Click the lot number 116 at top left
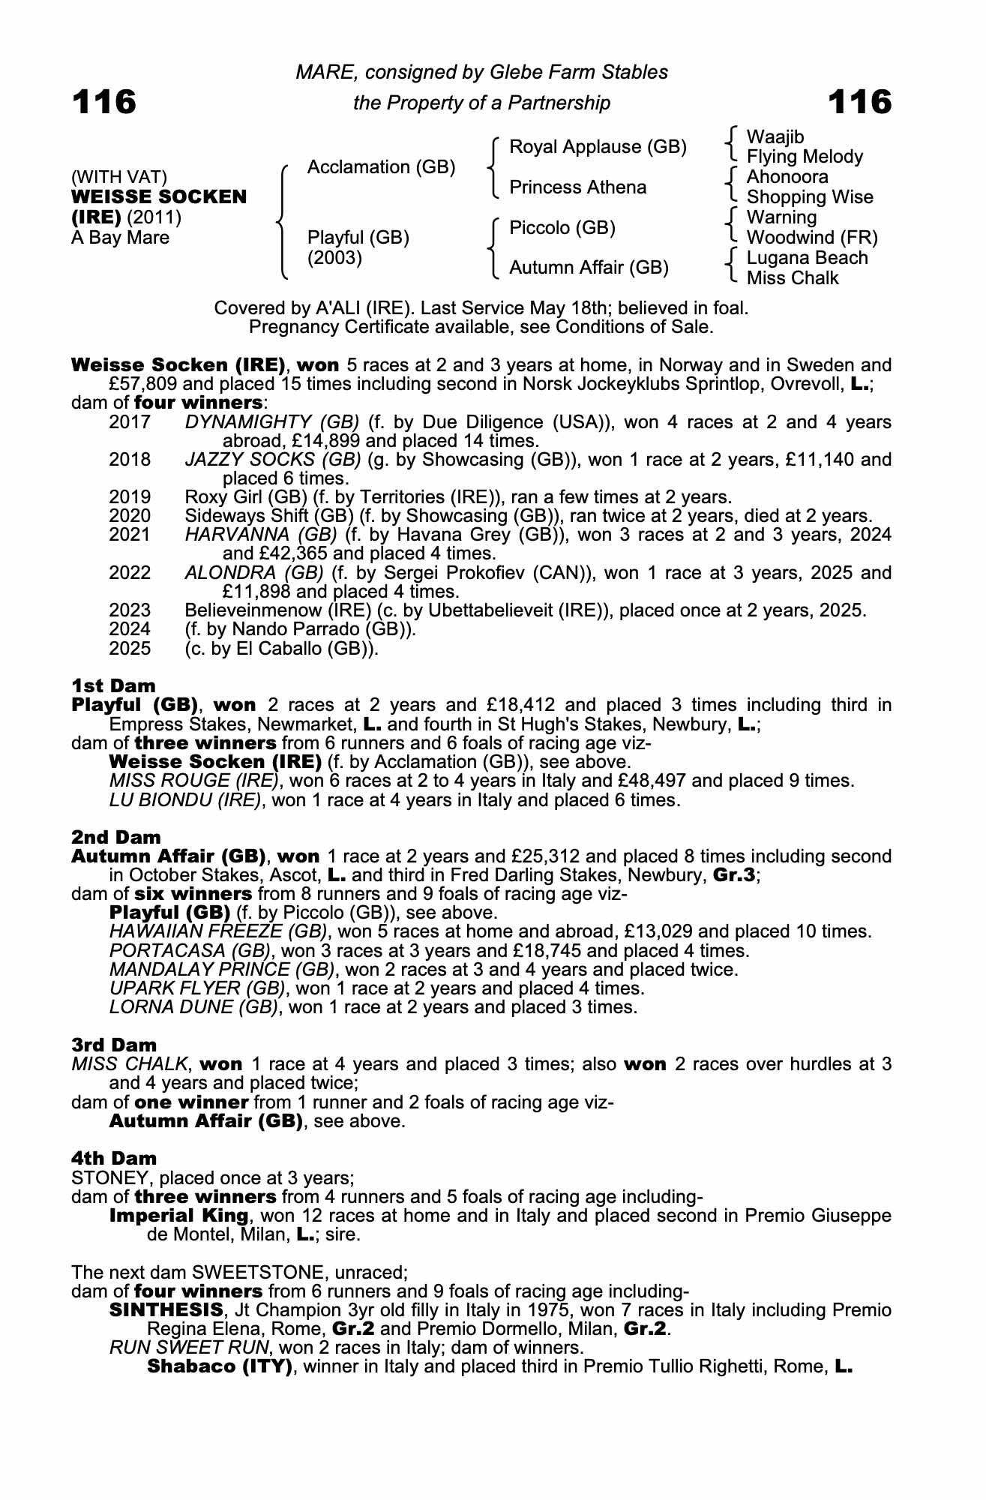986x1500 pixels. coord(104,102)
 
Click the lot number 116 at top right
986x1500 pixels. coord(860,102)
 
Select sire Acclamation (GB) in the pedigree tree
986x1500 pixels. coord(381,167)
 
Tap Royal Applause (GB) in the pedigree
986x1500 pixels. coord(598,147)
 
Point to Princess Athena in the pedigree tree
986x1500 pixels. coord(577,187)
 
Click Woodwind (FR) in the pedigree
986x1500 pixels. coord(811,238)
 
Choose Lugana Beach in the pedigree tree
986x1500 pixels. coord(807,258)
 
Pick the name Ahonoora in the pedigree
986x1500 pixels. coord(787,177)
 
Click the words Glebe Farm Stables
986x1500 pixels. coord(579,72)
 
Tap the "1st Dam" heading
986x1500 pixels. coord(113,685)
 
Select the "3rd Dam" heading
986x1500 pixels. coord(114,1045)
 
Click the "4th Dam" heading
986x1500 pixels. coord(114,1159)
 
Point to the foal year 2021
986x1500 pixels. coord(130,535)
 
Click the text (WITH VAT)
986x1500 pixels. coord(119,177)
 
